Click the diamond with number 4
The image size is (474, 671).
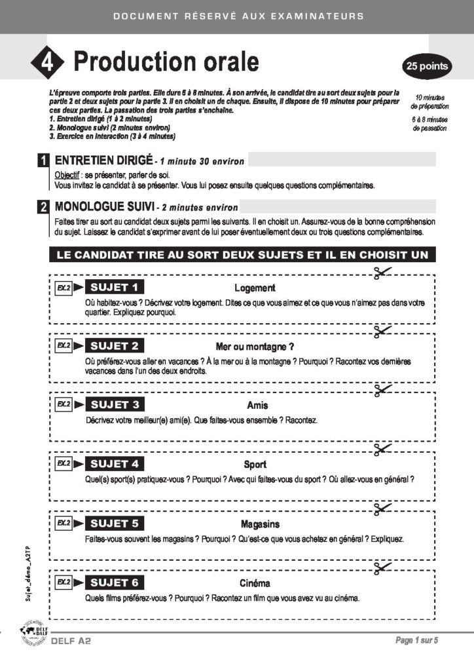(47, 62)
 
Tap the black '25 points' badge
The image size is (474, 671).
(427, 66)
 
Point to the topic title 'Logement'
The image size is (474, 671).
(255, 288)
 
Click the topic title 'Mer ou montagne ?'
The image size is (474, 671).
(255, 347)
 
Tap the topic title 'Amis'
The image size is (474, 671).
(257, 406)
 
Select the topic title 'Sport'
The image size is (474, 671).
(255, 465)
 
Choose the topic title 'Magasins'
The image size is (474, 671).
(260, 524)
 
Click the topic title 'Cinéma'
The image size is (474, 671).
(255, 583)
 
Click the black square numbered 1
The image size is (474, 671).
(43, 161)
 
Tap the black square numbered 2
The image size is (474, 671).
(43, 208)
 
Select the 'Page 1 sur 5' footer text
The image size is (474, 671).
(416, 640)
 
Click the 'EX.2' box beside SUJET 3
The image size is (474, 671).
(63, 404)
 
